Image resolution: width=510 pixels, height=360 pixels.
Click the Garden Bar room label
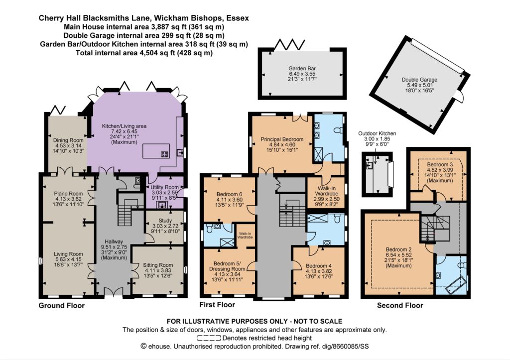point(302,69)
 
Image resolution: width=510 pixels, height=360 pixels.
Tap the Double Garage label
point(419,80)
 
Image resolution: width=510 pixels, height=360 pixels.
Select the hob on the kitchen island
point(164,154)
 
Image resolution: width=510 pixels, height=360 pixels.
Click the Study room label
point(165,221)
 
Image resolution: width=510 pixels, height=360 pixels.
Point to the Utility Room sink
point(161,205)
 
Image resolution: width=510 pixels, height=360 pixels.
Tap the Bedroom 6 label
point(229,195)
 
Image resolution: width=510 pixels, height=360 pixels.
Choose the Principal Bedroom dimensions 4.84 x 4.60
point(282,145)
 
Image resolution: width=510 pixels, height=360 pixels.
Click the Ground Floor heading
point(61,305)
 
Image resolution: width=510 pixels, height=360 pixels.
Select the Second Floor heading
point(400,305)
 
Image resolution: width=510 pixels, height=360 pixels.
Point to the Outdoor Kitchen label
point(377,133)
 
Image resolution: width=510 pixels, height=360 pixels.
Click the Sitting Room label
point(158,265)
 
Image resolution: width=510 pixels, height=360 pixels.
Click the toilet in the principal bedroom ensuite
point(339,130)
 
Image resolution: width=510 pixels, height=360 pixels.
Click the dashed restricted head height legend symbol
point(209,338)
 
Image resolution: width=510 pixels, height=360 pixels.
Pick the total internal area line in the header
point(144,53)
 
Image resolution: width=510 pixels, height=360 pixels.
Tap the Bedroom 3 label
point(440,164)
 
